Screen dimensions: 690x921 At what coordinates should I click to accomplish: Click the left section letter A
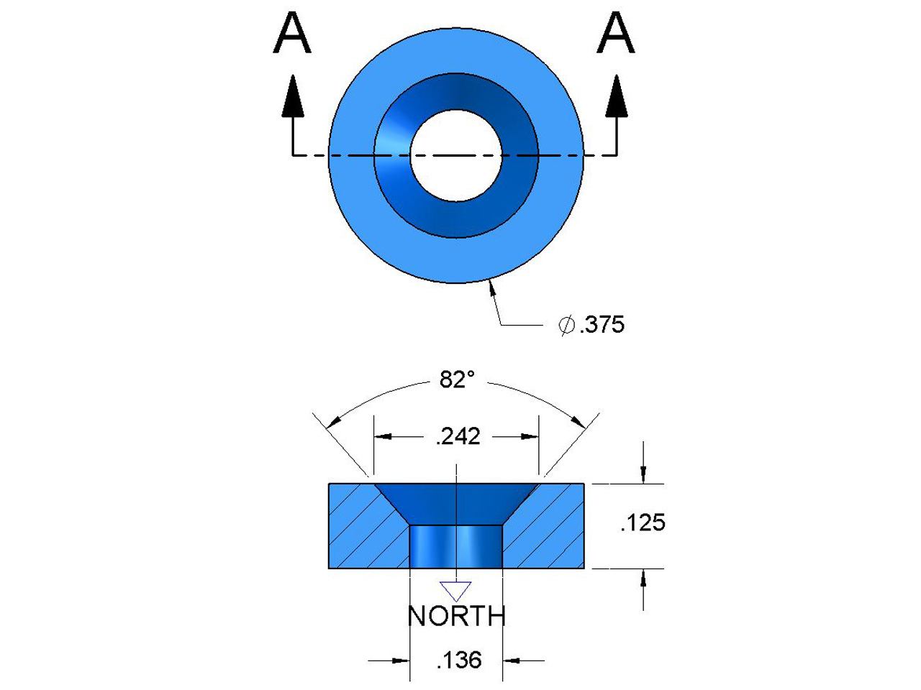(292, 34)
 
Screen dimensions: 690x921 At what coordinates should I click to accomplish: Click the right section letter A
(616, 34)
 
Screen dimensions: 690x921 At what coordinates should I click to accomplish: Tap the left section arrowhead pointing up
(292, 97)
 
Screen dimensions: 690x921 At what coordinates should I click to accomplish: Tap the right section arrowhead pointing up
(616, 97)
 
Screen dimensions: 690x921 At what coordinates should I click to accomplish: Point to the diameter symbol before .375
(567, 325)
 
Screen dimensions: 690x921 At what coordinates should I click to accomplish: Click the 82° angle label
(457, 379)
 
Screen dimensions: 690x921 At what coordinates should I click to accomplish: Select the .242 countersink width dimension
(458, 436)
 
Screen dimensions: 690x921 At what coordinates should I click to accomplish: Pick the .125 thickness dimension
(643, 523)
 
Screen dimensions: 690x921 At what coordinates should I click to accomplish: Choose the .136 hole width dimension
(458, 660)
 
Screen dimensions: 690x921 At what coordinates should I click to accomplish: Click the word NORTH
(456, 617)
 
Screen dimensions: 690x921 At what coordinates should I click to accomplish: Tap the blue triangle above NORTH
(455, 590)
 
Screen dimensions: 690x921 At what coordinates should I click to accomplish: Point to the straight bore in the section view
(455, 546)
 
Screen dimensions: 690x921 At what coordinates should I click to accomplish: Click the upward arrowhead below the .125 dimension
(643, 579)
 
